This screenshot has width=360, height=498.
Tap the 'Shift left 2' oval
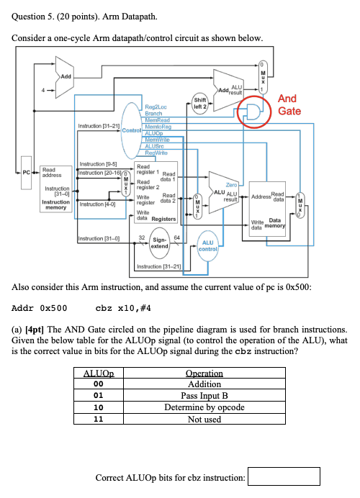point(202,104)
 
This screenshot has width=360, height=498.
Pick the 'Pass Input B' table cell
point(204,396)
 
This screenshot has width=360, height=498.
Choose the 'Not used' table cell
point(204,418)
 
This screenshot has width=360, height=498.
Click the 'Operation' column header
point(204,373)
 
